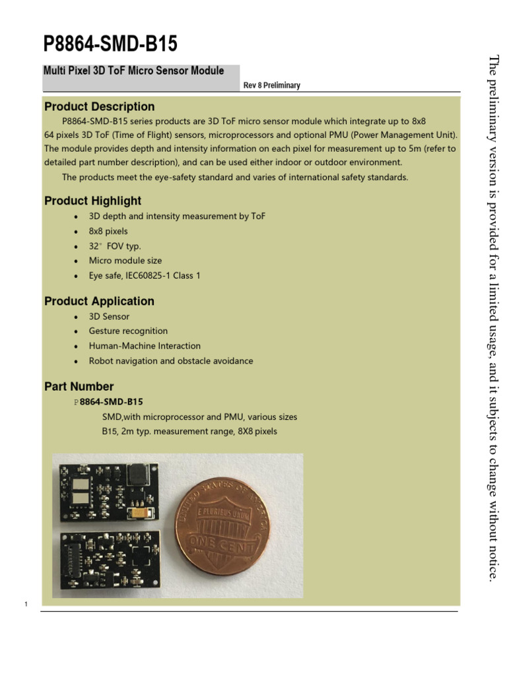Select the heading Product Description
(99, 106)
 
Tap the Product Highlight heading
(92, 201)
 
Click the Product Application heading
(99, 301)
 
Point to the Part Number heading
(79, 386)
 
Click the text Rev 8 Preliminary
(272, 85)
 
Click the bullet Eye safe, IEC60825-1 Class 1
(145, 275)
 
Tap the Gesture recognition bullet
(128, 331)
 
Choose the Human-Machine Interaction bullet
(145, 346)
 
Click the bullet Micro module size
(125, 261)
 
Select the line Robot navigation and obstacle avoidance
(171, 361)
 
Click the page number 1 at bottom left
(25, 604)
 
